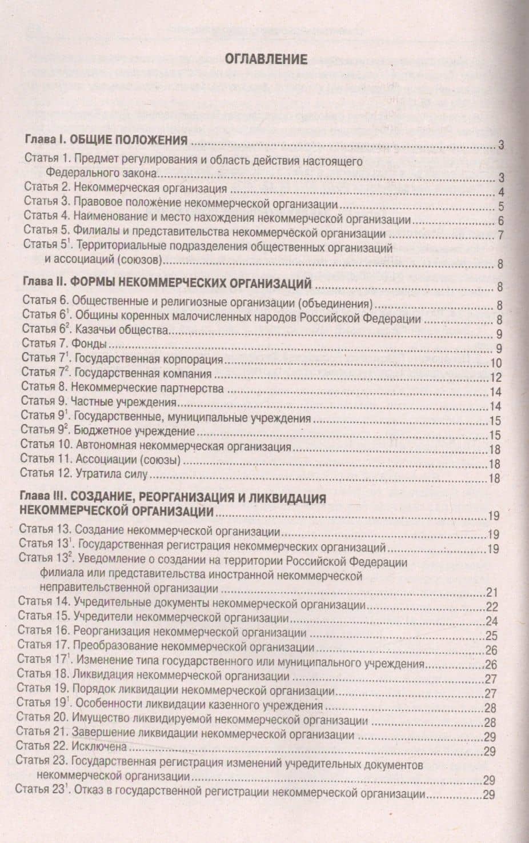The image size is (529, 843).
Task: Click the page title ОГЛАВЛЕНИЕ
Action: click(x=266, y=59)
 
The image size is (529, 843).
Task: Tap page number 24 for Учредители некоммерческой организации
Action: click(x=492, y=621)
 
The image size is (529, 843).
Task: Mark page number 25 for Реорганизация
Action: click(x=491, y=636)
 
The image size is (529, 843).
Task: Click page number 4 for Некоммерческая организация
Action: click(x=500, y=192)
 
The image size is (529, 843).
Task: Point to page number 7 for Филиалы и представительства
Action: click(x=500, y=235)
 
